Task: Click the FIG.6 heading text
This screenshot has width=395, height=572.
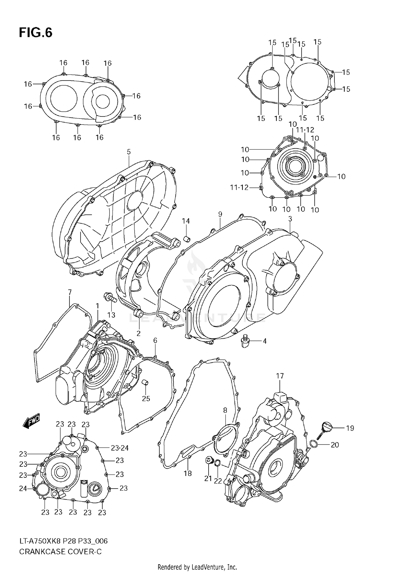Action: tap(36, 33)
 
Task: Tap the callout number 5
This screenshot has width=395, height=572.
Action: tap(129, 152)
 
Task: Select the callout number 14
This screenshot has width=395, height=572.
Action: tap(186, 221)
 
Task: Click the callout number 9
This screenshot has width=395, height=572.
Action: tap(220, 214)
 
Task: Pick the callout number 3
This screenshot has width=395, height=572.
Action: tap(290, 219)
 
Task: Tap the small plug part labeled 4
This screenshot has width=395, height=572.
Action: tap(245, 341)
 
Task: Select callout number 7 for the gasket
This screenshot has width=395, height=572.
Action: tap(70, 292)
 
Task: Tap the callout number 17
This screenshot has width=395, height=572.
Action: tap(280, 376)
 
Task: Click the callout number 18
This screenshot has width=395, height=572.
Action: tap(187, 474)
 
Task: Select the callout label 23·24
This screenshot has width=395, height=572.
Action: tap(120, 448)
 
